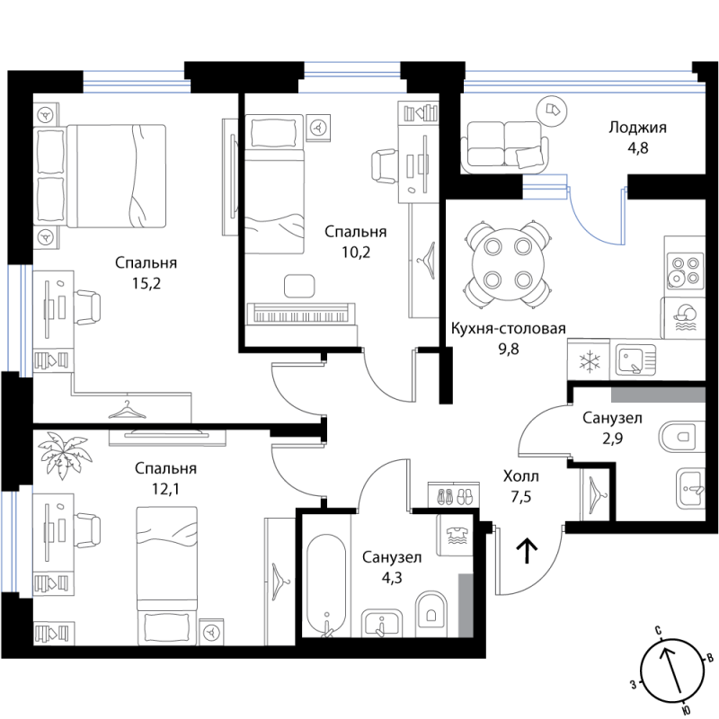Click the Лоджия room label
tap(637, 128)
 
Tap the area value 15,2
tap(146, 284)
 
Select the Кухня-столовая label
tap(509, 328)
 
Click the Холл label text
tap(521, 476)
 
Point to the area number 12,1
tap(165, 489)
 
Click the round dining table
tap(508, 263)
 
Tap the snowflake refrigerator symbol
tap(589, 359)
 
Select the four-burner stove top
tap(685, 271)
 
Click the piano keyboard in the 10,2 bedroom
tap(300, 314)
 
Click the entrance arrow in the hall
tap(528, 551)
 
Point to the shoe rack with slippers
tap(454, 495)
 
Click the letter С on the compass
tap(658, 631)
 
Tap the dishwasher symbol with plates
tap(685, 318)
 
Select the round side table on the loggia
tap(552, 110)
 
